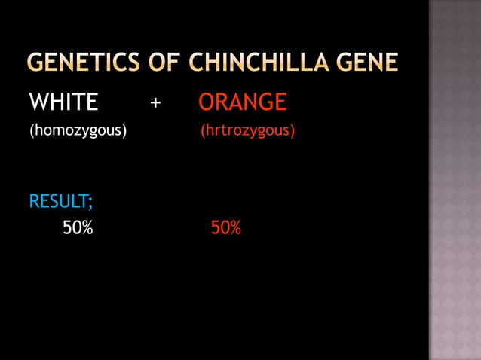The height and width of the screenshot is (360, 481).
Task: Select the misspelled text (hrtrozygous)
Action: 247,132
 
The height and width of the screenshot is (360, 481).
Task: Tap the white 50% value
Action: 78,227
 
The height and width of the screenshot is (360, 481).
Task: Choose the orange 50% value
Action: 226,227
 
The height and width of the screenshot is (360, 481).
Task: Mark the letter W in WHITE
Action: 38,102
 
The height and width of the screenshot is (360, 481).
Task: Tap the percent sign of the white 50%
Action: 87,227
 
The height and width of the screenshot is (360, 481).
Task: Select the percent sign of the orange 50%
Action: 235,227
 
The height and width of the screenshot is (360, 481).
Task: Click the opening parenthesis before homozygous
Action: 31,132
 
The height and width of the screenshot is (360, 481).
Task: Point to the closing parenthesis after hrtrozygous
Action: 293,132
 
